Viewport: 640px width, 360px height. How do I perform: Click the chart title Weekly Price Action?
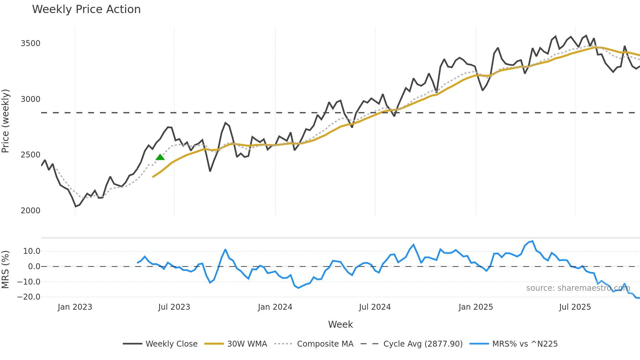point(86,9)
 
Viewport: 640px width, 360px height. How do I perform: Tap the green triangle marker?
point(160,157)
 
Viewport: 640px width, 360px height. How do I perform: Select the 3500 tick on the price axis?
point(30,43)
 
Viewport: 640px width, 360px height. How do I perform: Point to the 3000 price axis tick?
point(30,99)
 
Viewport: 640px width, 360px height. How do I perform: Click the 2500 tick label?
point(30,155)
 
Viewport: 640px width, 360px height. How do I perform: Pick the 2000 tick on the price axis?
point(30,211)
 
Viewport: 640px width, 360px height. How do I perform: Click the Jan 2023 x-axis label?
point(75,307)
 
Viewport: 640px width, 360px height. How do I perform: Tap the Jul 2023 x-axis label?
point(174,307)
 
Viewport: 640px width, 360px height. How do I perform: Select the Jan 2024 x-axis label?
point(275,307)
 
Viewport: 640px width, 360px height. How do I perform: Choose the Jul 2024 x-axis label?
point(375,307)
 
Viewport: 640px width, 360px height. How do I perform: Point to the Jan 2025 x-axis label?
point(475,307)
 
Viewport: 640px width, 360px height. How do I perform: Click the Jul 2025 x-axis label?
point(575,307)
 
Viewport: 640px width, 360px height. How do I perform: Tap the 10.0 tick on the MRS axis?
point(32,251)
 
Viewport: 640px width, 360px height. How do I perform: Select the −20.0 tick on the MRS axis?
point(29,297)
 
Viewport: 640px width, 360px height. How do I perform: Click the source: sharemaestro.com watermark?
point(578,288)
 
